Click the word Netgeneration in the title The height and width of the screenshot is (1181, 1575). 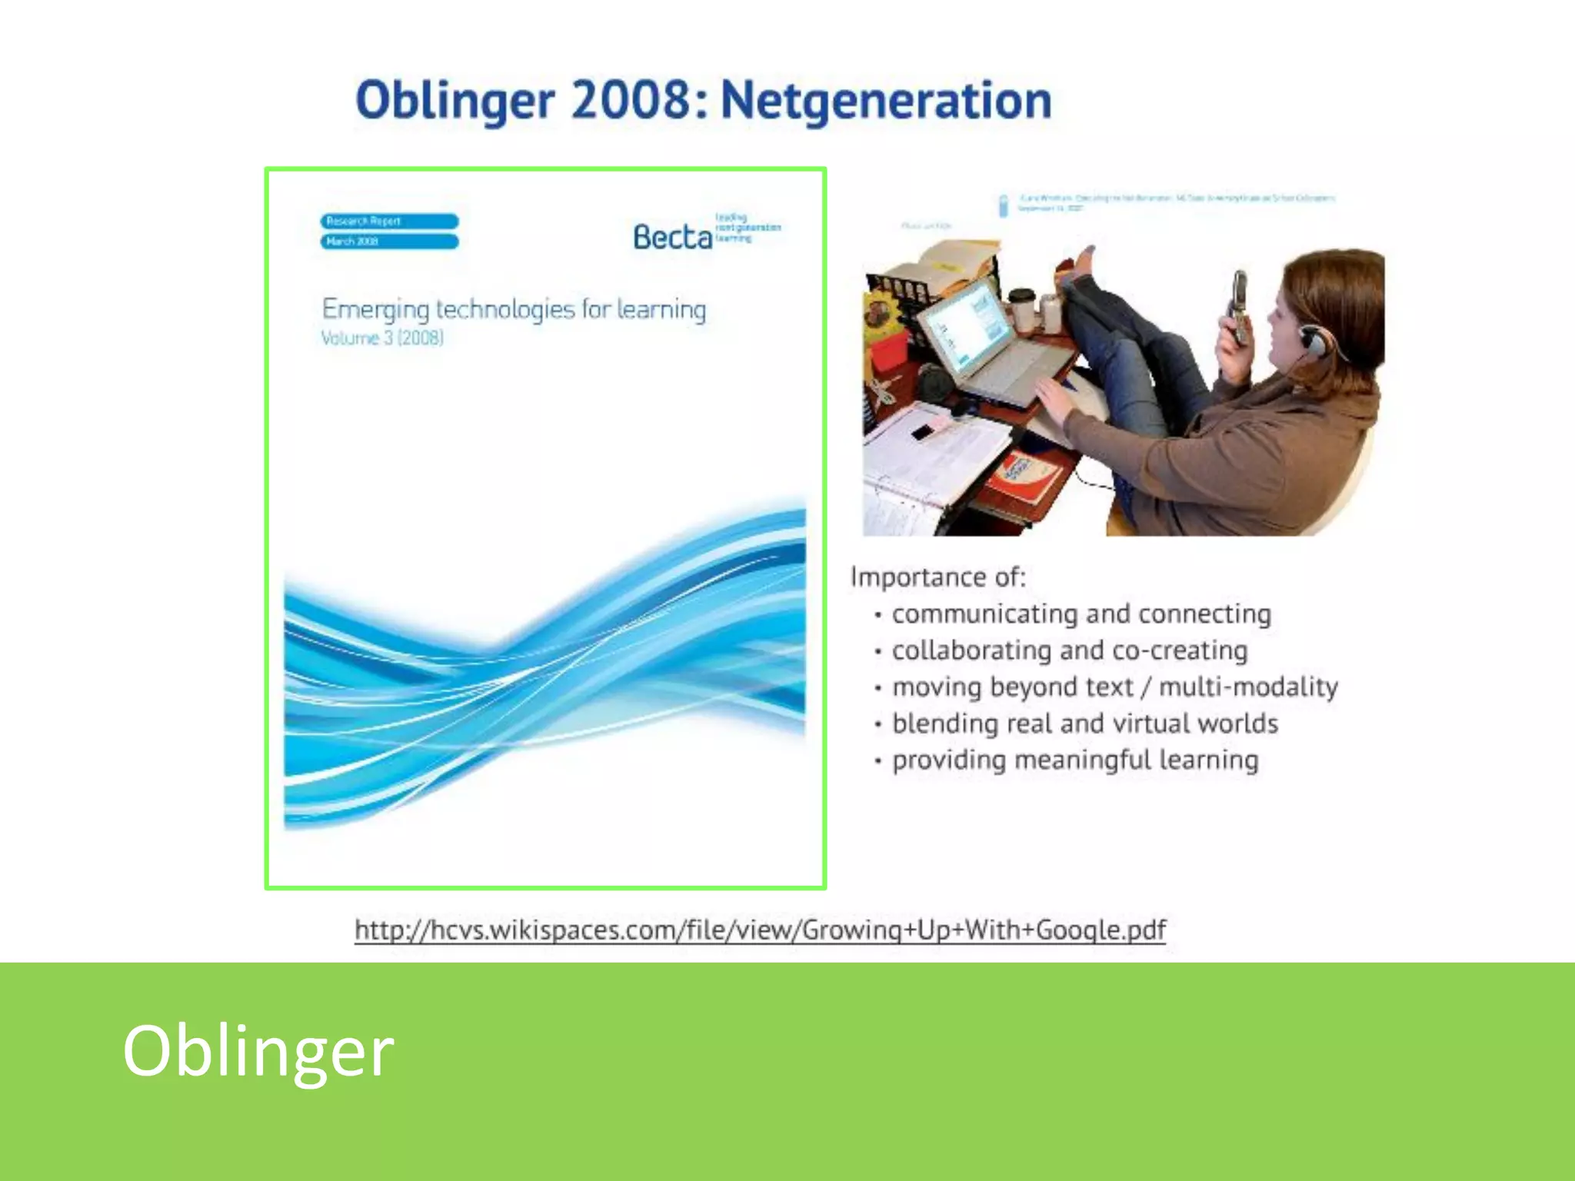(886, 101)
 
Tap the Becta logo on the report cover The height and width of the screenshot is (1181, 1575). (672, 237)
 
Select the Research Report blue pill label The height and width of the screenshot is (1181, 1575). (389, 221)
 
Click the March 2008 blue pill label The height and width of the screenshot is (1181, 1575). (389, 241)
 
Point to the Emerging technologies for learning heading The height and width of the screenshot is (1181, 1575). (514, 309)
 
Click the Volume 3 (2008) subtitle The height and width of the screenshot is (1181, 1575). (382, 338)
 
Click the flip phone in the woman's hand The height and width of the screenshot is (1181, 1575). (1238, 308)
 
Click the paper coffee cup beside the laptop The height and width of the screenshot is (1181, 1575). (1022, 309)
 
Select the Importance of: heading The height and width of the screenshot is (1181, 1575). (938, 577)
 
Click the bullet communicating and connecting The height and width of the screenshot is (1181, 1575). (1081, 614)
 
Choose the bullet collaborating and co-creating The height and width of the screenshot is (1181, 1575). (1069, 650)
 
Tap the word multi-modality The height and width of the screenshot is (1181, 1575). (1248, 687)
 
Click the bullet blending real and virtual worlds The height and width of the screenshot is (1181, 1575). (1084, 724)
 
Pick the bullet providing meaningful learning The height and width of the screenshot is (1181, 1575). (1074, 760)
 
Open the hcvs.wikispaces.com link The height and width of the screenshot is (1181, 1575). (760, 930)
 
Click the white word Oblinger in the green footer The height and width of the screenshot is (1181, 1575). (258, 1050)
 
